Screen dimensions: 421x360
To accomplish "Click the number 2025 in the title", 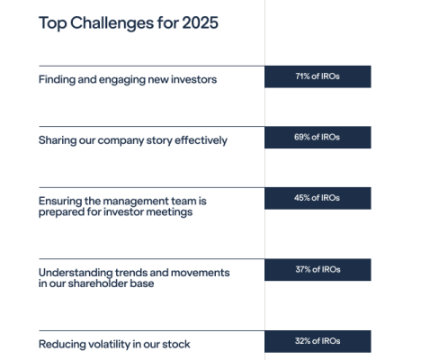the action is coord(200,22).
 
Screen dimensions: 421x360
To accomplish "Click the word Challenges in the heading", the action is coord(112,23).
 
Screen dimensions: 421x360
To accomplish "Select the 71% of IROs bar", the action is coord(318,76).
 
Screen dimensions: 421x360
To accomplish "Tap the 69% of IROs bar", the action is coord(318,138).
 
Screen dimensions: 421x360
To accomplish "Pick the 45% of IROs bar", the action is coord(318,198).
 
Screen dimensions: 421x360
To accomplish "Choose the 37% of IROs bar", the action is coord(318,270).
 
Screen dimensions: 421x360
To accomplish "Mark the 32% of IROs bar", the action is coord(318,341).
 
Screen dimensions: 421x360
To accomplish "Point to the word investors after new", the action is coord(193,80).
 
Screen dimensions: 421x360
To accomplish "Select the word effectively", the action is coord(201,140).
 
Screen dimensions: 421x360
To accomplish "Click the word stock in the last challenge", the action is coord(176,345).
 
